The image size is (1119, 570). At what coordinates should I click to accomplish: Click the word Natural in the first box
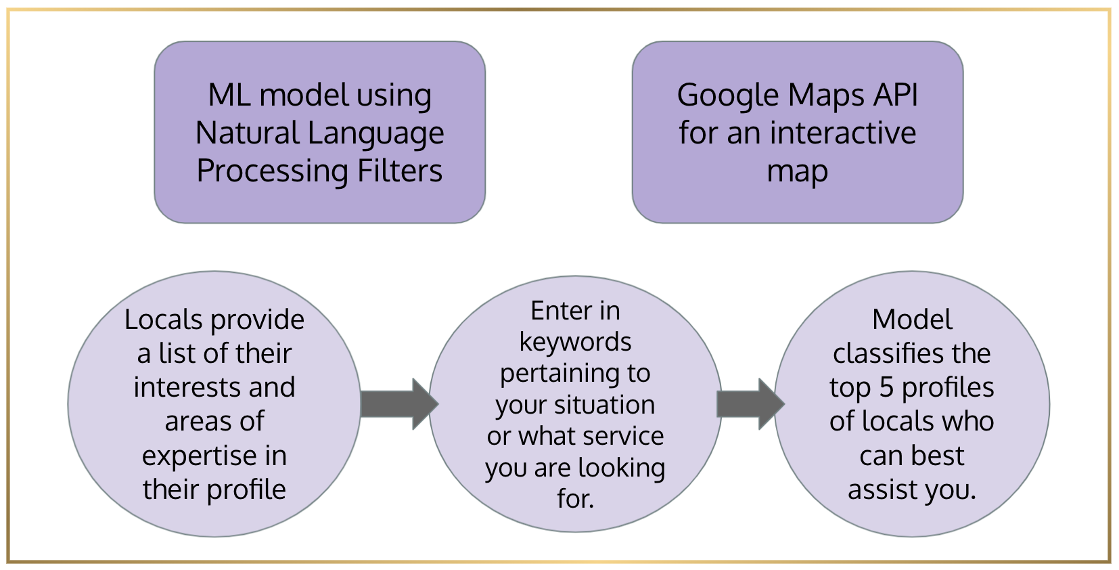click(x=248, y=133)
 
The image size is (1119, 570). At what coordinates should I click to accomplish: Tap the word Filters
click(x=400, y=171)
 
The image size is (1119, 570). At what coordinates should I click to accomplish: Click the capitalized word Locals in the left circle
click(x=164, y=320)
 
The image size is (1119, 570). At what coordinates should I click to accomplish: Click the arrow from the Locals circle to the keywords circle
click(x=400, y=404)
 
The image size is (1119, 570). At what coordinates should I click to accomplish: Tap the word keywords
click(x=576, y=343)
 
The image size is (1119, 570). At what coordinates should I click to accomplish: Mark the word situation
click(x=604, y=405)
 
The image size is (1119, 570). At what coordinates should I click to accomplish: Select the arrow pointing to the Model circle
click(x=751, y=404)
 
